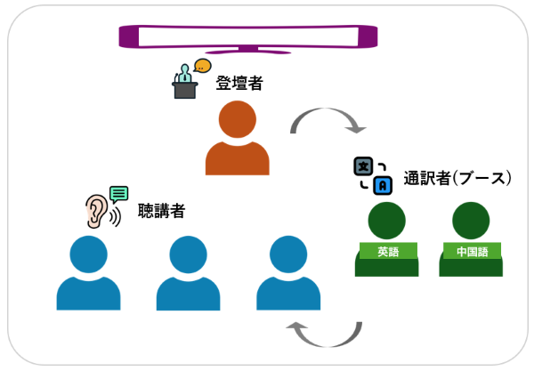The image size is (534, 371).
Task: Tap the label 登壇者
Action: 239,84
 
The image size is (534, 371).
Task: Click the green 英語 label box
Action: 387,252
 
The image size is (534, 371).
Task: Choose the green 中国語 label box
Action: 472,252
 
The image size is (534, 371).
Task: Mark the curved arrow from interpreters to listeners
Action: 324,334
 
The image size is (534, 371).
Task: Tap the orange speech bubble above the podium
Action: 204,65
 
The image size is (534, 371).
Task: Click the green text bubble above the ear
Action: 118,193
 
